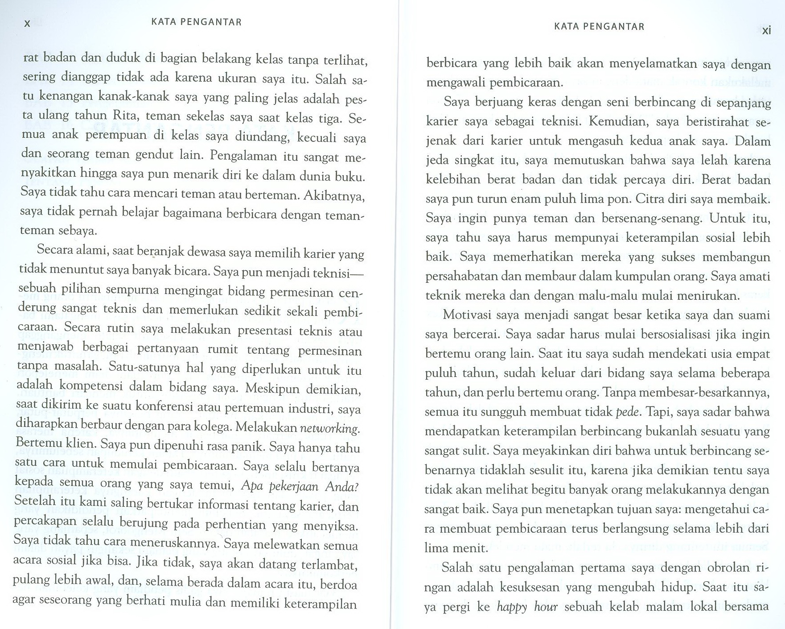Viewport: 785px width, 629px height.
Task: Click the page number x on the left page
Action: coord(27,24)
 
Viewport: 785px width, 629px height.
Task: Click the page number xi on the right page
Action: coord(766,31)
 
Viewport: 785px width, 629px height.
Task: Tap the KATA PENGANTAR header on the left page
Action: coord(197,22)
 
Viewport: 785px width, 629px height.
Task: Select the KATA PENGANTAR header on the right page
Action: coord(599,26)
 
